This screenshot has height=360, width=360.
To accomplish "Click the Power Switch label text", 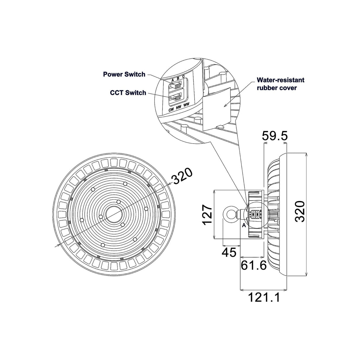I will pyautogui.click(x=124, y=74).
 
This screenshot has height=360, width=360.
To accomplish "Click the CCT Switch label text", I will pyautogui.click(x=128, y=93).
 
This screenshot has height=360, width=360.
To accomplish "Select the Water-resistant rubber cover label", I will pyautogui.click(x=280, y=84).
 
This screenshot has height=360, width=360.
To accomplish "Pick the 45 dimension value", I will pyautogui.click(x=229, y=253).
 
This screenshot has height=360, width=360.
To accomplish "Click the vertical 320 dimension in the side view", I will pyautogui.click(x=300, y=211).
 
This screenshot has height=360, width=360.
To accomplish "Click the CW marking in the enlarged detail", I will pyautogui.click(x=171, y=110).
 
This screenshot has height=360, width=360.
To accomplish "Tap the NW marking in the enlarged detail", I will pyautogui.click(x=179, y=107).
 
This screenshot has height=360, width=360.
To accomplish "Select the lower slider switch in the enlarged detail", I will pyautogui.click(x=176, y=97).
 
